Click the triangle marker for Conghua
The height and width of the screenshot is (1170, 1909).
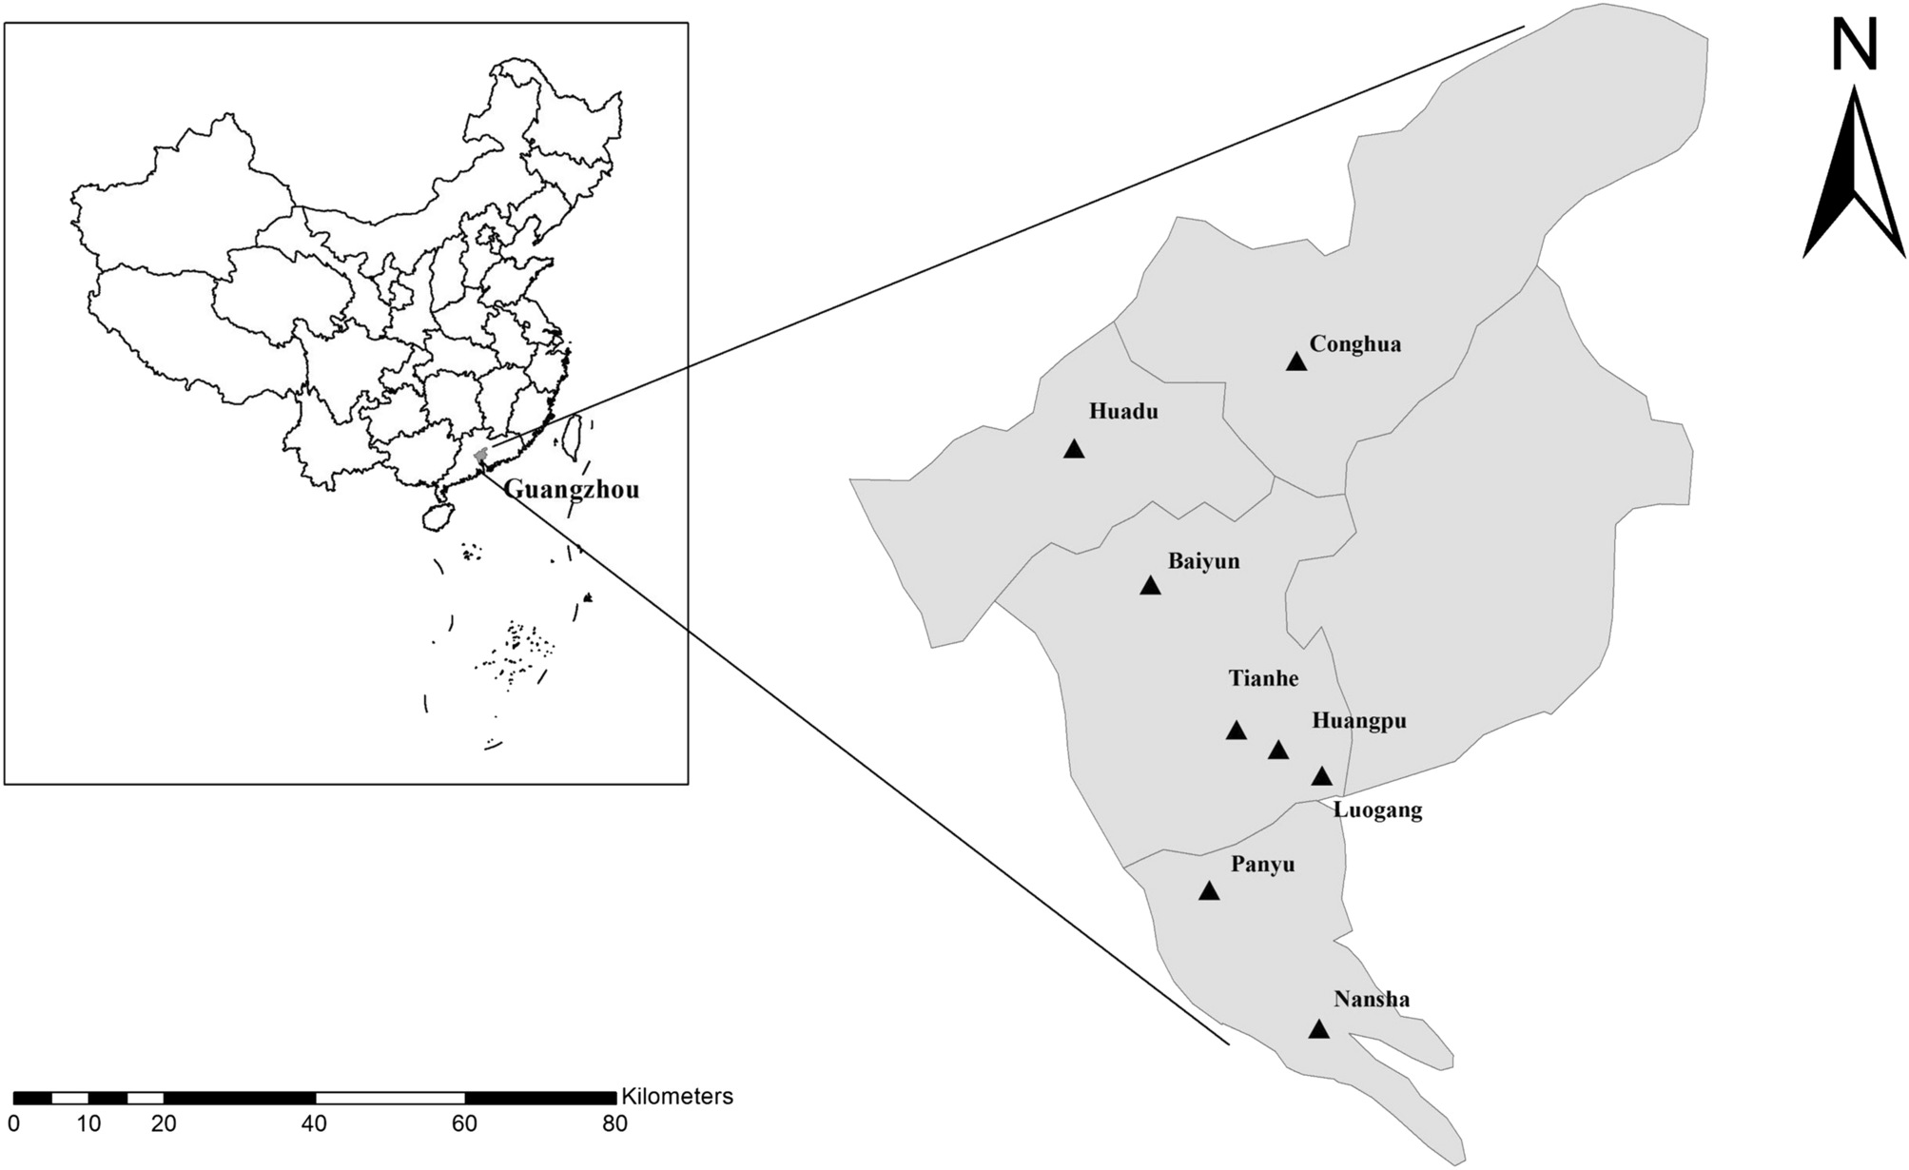pyautogui.click(x=1295, y=361)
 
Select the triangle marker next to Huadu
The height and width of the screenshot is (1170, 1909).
pyautogui.click(x=1074, y=449)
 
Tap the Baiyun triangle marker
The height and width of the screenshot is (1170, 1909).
pyautogui.click(x=1150, y=586)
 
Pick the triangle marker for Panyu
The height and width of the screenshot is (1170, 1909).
pyautogui.click(x=1209, y=891)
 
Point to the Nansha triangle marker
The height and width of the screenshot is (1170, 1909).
pyautogui.click(x=1318, y=1029)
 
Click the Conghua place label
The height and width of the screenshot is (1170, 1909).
pyautogui.click(x=1354, y=344)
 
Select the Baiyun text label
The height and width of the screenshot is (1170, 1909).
pyautogui.click(x=1203, y=561)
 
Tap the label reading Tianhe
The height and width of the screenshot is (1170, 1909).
pyautogui.click(x=1263, y=678)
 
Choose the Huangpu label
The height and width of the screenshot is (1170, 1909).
pyautogui.click(x=1358, y=721)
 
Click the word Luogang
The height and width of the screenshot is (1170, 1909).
pyautogui.click(x=1377, y=810)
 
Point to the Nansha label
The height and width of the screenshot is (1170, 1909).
pyautogui.click(x=1372, y=1000)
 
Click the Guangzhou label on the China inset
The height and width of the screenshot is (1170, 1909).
pyautogui.click(x=571, y=490)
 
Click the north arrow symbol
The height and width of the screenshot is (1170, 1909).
pyautogui.click(x=1854, y=176)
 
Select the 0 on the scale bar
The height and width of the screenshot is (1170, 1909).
pyautogui.click(x=14, y=1124)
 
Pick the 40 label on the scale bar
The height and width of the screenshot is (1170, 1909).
pyautogui.click(x=314, y=1124)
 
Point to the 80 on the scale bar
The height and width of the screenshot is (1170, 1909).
pyautogui.click(x=614, y=1124)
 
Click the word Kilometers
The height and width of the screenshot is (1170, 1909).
pyautogui.click(x=676, y=1097)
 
